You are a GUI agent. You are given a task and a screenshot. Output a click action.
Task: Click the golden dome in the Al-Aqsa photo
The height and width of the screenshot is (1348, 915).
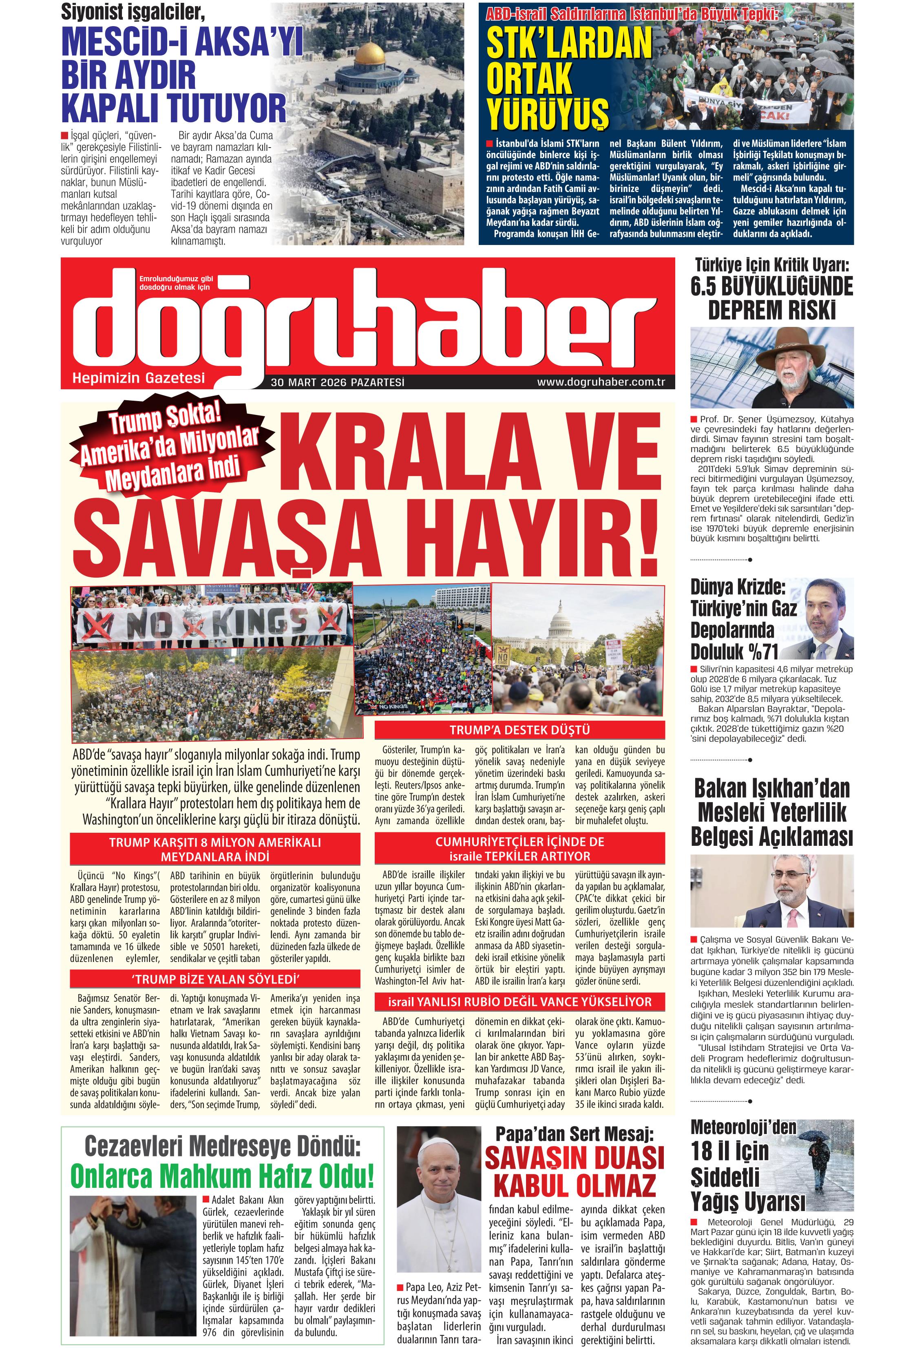click(x=371, y=53)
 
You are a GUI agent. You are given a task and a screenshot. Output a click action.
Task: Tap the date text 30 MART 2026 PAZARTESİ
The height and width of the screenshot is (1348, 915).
click(x=337, y=382)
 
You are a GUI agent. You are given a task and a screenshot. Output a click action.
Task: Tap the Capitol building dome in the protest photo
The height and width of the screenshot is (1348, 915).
click(x=561, y=617)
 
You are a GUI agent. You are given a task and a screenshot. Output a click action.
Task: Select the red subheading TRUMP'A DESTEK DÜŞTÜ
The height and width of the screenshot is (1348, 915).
click(x=519, y=730)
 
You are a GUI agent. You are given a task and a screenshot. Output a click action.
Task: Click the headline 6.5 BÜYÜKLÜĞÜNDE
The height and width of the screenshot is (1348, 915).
click(x=772, y=287)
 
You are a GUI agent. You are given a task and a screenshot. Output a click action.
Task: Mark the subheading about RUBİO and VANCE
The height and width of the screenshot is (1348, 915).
click(x=519, y=1002)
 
